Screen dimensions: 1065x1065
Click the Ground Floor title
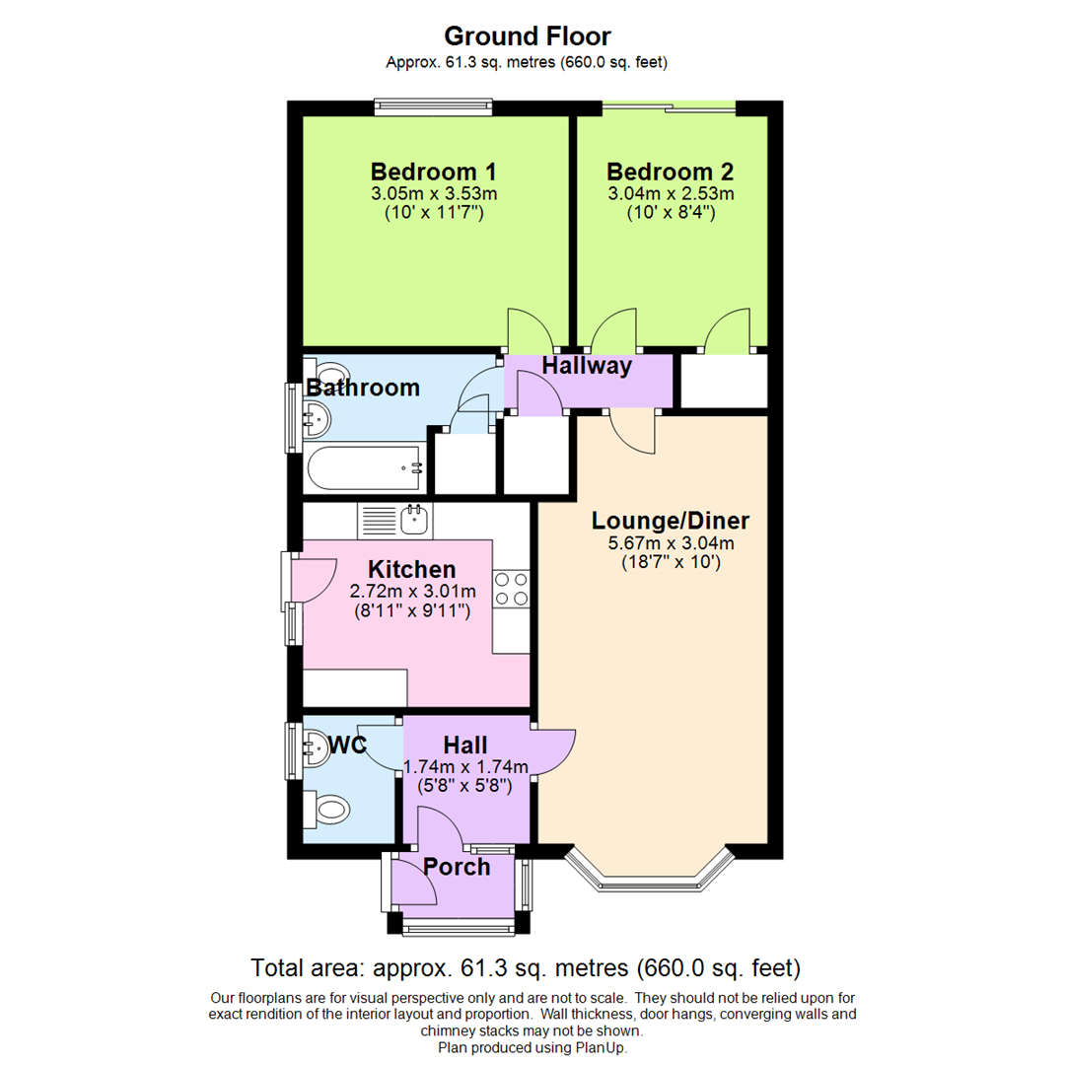[x=528, y=36]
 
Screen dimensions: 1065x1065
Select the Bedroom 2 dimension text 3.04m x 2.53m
[x=671, y=193]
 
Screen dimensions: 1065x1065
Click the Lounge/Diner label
[x=671, y=520]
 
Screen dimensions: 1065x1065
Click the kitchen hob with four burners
[x=512, y=589]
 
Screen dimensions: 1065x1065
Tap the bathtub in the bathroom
[x=365, y=467]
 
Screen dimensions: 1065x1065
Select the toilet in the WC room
[x=328, y=810]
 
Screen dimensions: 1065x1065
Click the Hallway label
[x=586, y=366]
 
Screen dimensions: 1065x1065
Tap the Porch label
[x=457, y=867]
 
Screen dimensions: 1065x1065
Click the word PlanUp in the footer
[x=601, y=1047]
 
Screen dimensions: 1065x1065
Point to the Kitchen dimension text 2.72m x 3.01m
[x=412, y=592]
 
